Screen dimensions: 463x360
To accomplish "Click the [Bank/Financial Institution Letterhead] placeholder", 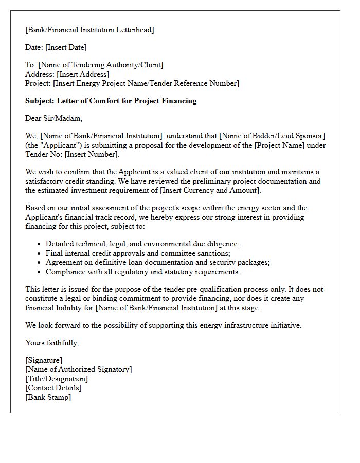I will pyautogui.click(x=89, y=30).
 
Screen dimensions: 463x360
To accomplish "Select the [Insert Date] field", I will pyautogui.click(x=66, y=47).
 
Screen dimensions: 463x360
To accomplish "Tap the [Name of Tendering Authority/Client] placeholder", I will pyautogui.click(x=101, y=65).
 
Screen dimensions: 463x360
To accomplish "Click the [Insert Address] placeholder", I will pyautogui.click(x=83, y=74).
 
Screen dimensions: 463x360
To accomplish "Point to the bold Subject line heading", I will pyautogui.click(x=111, y=101).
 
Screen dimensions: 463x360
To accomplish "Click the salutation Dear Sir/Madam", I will pyautogui.click(x=53, y=118).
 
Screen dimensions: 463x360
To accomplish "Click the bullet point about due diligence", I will pyautogui.click(x=142, y=244).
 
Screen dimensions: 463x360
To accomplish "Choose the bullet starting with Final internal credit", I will pyautogui.click(x=138, y=253).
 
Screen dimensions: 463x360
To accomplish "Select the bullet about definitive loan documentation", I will pyautogui.click(x=157, y=262).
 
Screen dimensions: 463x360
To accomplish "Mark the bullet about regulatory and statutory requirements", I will pyautogui.click(x=142, y=272).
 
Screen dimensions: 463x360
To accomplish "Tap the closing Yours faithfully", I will pyautogui.click(x=52, y=343).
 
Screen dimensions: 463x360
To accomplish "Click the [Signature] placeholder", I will pyautogui.click(x=44, y=360).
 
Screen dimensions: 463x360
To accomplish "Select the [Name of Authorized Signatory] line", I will pyautogui.click(x=78, y=369).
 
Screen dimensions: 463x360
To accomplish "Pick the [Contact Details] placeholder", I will pyautogui.click(x=53, y=388).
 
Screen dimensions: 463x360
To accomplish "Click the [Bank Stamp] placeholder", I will pyautogui.click(x=48, y=397).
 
